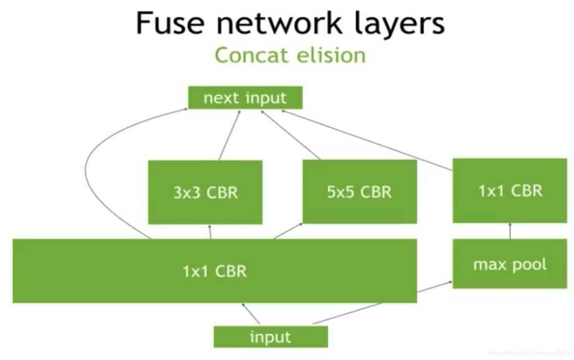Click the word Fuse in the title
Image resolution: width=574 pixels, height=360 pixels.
tap(170, 23)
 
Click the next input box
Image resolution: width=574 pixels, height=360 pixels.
tap(245, 98)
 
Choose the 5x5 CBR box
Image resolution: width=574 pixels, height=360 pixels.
tap(359, 191)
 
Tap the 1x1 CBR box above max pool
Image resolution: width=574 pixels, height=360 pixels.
tap(510, 190)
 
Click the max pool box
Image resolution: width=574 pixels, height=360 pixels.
tap(510, 264)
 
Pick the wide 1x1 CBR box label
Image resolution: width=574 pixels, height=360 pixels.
tap(215, 271)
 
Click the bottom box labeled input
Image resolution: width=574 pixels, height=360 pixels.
tap(270, 337)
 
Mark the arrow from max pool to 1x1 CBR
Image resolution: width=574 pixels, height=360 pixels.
tap(510, 231)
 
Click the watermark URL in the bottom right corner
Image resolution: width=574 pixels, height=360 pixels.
tap(529, 353)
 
